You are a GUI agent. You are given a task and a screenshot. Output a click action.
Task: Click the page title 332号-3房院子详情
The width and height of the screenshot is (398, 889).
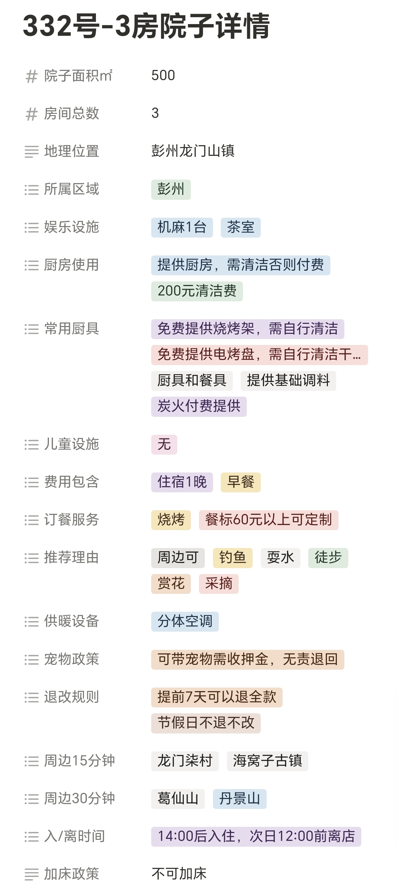(146, 26)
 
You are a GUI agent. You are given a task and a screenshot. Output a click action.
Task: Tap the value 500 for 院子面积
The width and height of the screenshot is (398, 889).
(163, 75)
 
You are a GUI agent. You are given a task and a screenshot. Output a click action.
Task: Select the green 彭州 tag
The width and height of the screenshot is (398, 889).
(171, 189)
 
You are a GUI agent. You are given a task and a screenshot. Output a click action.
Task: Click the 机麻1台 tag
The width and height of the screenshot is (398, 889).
(182, 227)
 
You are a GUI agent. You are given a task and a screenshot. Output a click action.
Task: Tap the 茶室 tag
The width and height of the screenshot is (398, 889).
(240, 227)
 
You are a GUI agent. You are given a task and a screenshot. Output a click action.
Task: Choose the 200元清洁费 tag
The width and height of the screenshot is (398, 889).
(197, 291)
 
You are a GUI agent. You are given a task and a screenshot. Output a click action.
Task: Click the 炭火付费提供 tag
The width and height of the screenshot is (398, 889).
(199, 406)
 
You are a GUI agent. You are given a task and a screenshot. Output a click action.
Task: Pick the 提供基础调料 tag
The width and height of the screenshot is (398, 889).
(288, 381)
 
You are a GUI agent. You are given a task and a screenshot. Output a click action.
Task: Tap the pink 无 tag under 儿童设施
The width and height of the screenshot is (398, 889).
(164, 444)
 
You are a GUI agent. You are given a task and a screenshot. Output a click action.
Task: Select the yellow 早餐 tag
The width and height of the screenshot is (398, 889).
(240, 482)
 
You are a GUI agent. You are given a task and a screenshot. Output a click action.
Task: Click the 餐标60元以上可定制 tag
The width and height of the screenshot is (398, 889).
(268, 520)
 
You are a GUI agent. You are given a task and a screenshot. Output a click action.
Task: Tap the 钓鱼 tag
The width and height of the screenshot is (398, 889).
(232, 558)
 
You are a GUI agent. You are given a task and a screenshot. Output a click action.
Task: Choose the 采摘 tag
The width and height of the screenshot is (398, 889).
(219, 584)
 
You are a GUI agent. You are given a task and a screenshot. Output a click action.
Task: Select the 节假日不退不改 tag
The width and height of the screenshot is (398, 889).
(206, 723)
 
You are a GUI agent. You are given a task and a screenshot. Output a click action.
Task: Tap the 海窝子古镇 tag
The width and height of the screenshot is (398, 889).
(267, 761)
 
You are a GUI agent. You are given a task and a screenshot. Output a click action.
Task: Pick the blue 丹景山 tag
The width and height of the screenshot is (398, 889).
(239, 799)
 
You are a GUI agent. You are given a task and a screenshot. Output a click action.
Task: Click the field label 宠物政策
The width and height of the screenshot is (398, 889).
(72, 660)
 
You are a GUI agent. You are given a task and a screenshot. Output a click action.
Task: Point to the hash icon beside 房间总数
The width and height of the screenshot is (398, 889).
(32, 114)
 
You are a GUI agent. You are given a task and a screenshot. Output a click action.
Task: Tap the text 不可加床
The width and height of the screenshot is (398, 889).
(179, 874)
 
